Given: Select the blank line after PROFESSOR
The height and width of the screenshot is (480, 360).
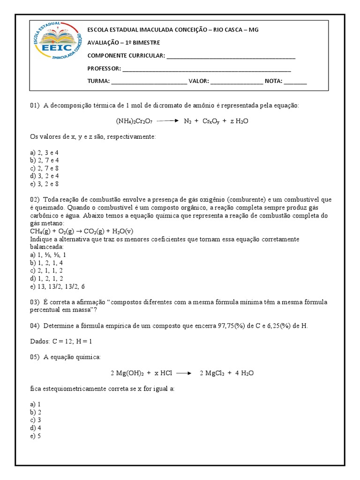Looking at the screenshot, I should tap(206, 69).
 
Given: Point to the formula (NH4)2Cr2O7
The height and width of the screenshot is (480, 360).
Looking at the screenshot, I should tap(133, 121).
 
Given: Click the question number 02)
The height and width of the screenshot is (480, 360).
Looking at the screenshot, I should tap(35, 200).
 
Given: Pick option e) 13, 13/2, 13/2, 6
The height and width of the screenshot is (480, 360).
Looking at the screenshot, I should tap(58, 286).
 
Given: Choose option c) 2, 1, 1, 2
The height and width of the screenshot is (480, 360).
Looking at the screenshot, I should tap(46, 270).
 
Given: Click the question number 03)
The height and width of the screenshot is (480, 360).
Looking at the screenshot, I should tap(35, 302).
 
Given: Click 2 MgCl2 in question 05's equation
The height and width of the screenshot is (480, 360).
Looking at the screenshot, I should tap(214, 373).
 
